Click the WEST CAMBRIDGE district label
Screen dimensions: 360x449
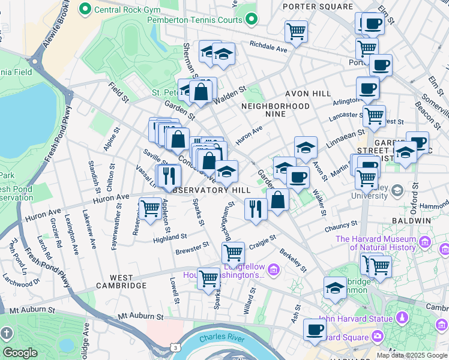[x=121, y=286]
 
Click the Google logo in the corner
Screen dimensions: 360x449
[x=20, y=353]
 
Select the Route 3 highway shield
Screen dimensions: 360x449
[x=174, y=347]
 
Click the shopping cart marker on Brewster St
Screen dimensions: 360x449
[x=233, y=251]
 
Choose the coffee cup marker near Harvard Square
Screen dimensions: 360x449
[x=315, y=329]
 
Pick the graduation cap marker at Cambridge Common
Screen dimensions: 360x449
[x=335, y=287]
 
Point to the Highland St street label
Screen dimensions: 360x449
[x=170, y=238]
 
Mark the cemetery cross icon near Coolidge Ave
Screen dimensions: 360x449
[x=7, y=332]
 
